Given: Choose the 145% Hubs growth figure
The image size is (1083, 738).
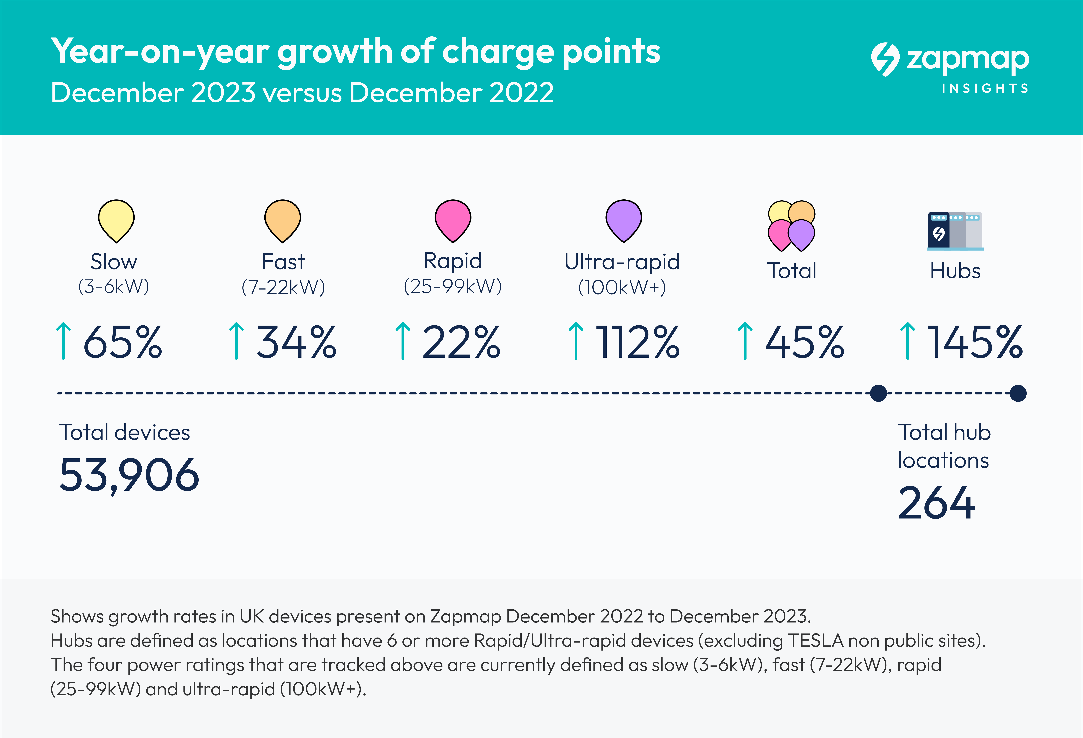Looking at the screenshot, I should (975, 343).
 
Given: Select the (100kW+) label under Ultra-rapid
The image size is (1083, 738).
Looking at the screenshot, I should (622, 287).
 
